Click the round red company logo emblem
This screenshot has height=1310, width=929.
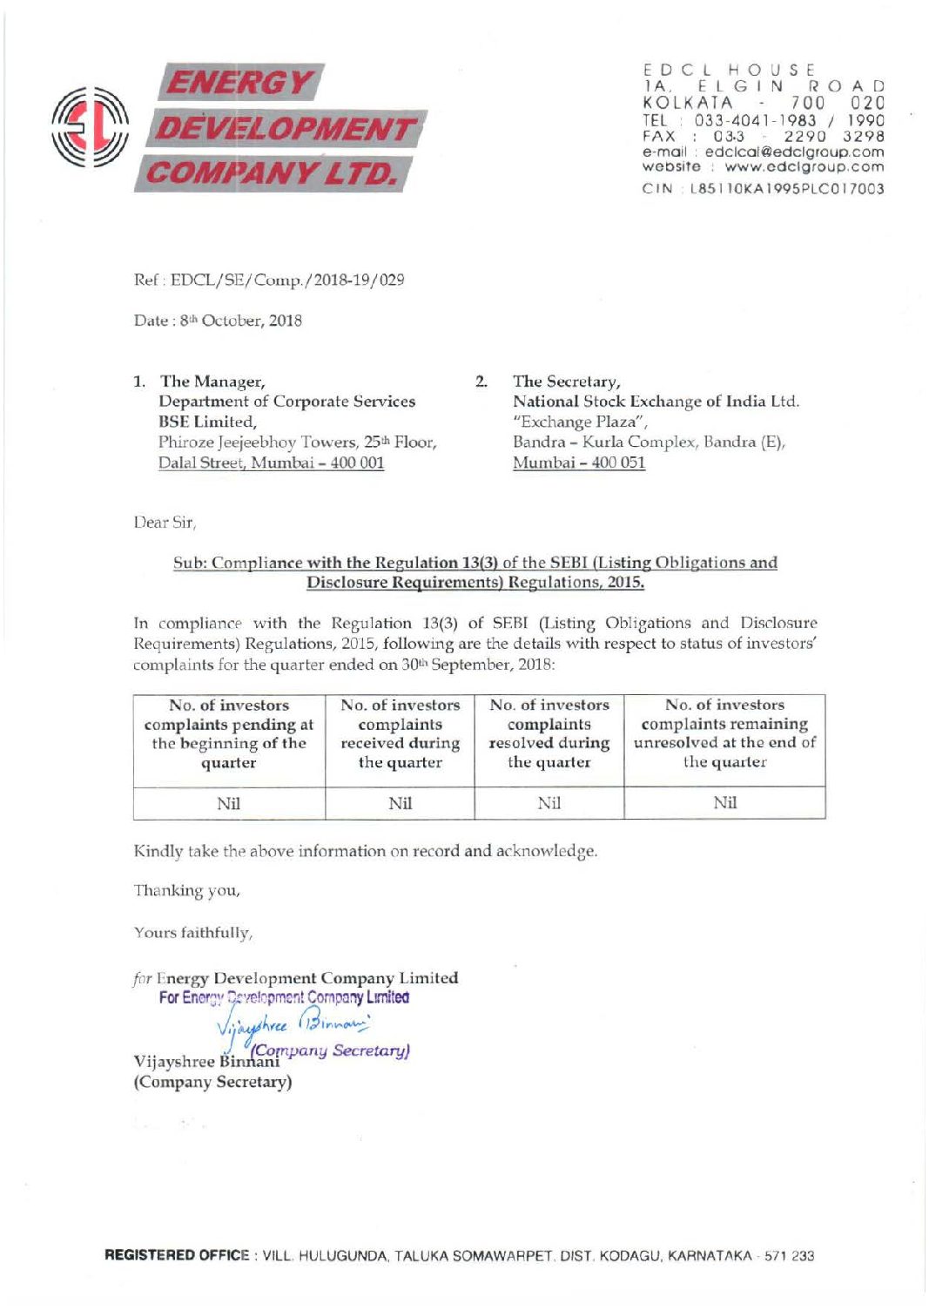coord(91,127)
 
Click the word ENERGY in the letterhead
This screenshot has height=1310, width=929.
coord(239,83)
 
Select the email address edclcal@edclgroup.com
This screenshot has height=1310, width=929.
coord(794,152)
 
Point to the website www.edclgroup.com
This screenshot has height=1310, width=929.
coord(804,166)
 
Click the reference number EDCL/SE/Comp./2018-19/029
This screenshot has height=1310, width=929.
coord(287,280)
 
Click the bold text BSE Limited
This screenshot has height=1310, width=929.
coord(207,422)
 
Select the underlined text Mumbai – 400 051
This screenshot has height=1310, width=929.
coord(579,463)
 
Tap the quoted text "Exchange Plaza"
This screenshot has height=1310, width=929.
coord(581,422)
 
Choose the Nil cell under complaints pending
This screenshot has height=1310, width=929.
coord(228,803)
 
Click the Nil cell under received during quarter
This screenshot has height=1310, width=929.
coord(400,803)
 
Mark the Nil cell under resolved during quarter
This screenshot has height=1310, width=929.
coord(549,803)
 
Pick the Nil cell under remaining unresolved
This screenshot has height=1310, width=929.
coord(724,803)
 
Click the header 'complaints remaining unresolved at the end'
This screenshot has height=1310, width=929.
coord(724,733)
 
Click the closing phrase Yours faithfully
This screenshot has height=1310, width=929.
coord(193,933)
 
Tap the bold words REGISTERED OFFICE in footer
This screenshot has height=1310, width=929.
coord(177,1255)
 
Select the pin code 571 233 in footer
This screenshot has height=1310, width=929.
coord(789,1255)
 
